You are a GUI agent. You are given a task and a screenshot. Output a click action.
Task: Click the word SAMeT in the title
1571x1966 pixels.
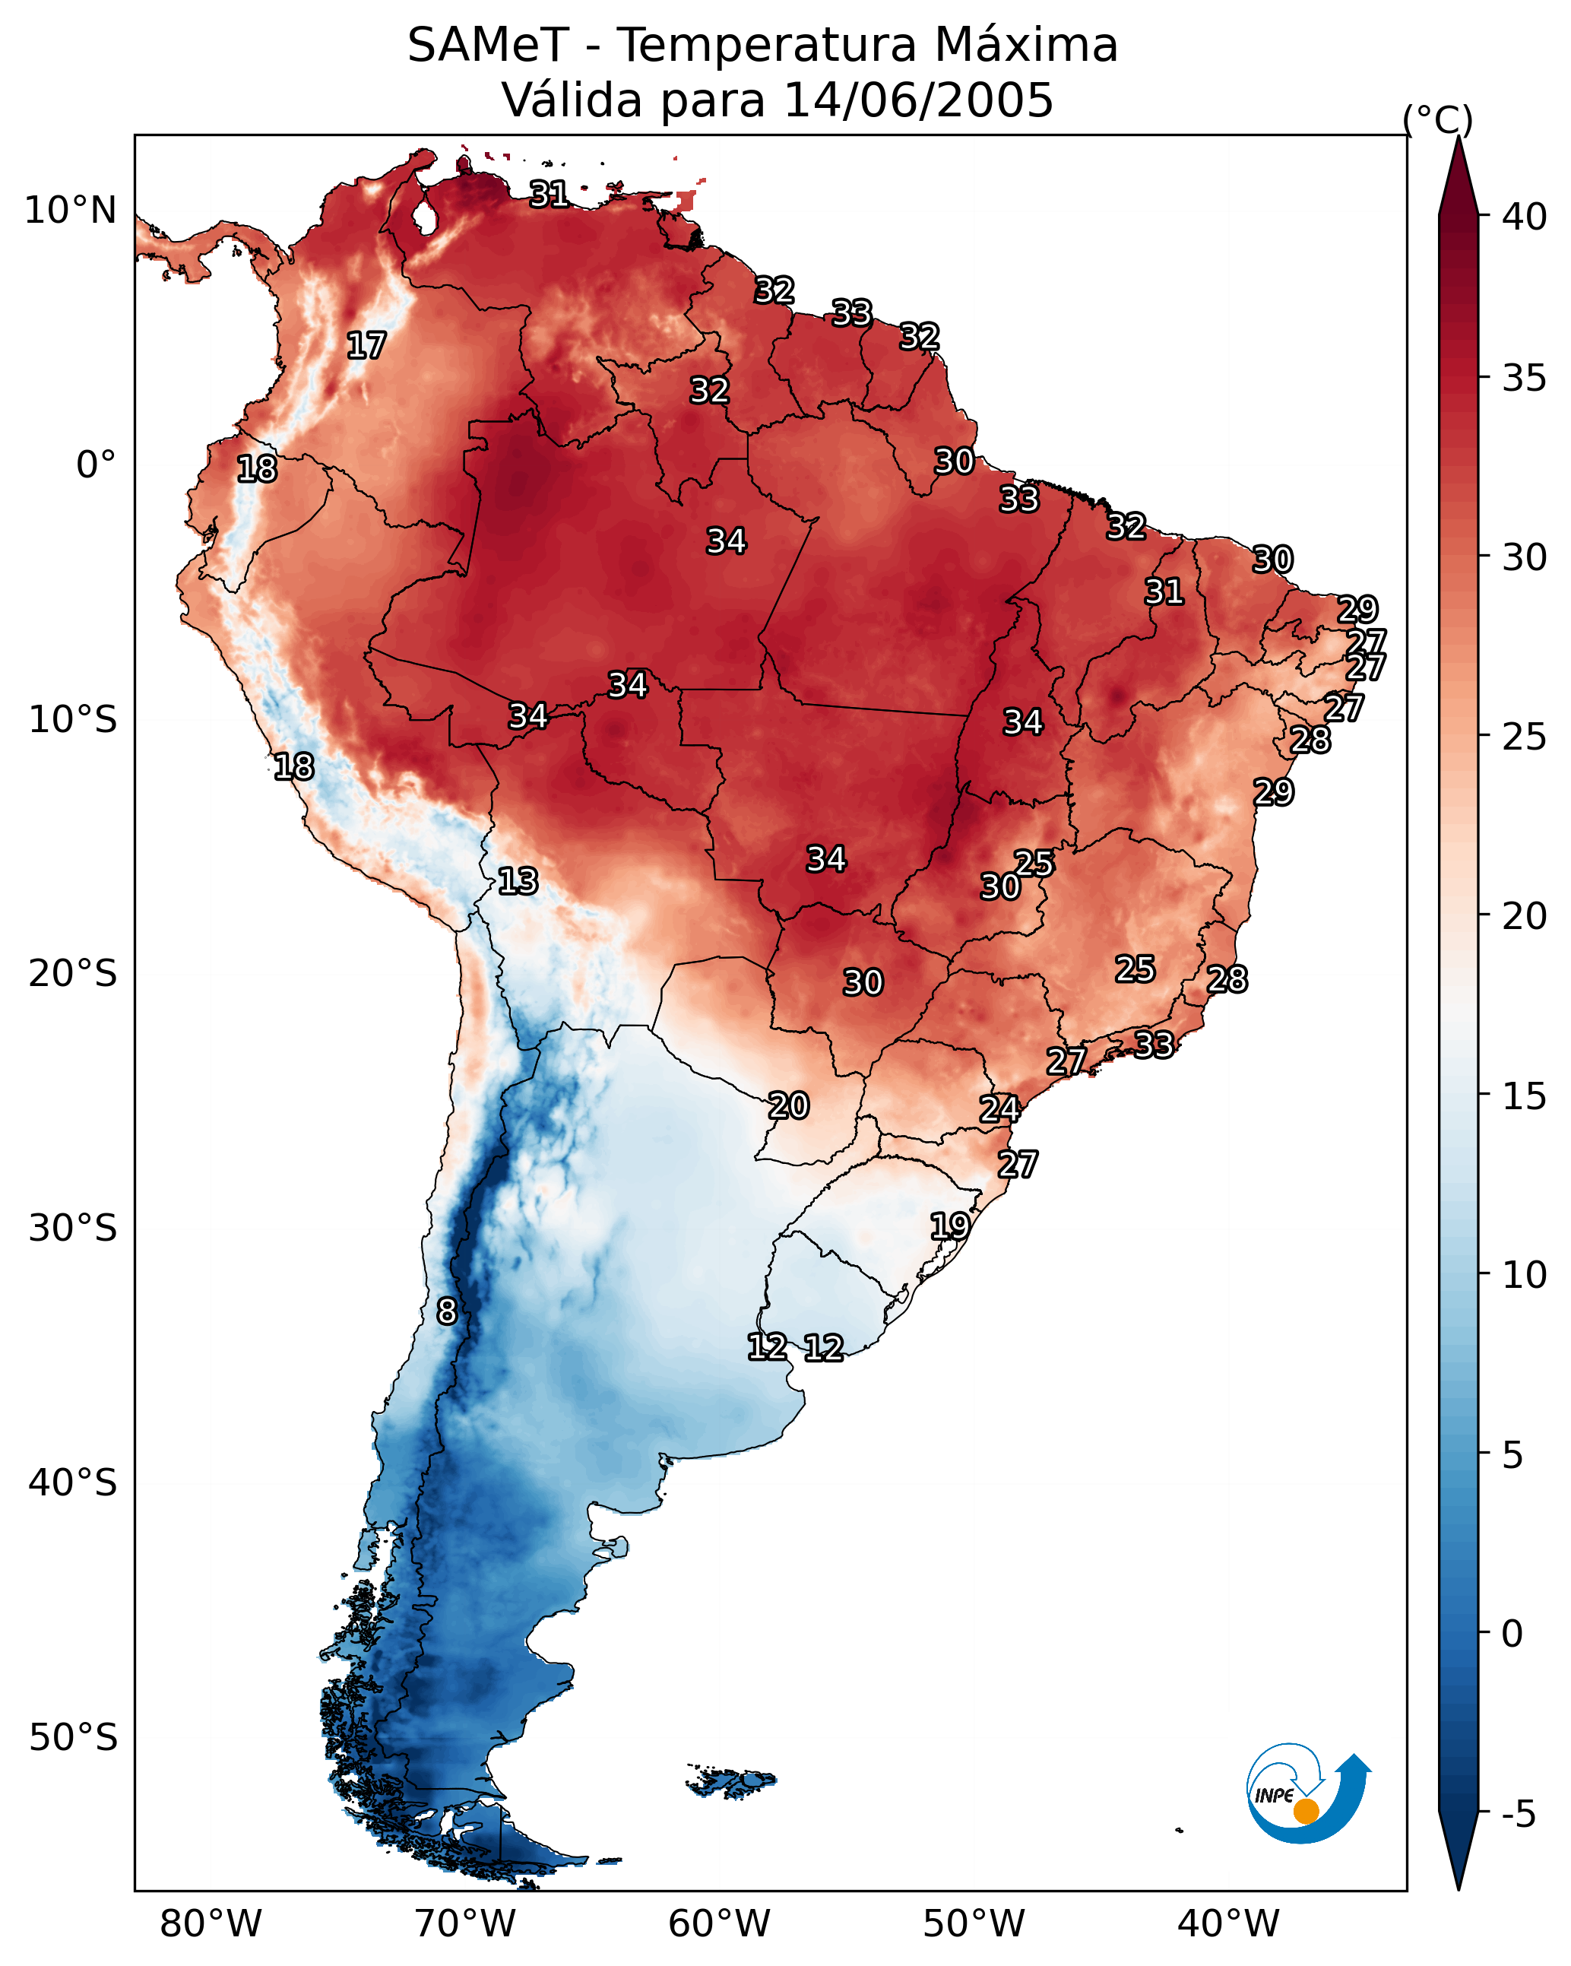coord(488,46)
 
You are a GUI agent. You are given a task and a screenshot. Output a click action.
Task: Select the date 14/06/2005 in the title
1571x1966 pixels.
coord(918,100)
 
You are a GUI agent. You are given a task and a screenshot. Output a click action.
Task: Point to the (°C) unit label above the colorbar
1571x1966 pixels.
coord(1438,119)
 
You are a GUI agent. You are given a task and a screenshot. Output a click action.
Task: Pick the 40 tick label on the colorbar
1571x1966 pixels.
coord(1525,217)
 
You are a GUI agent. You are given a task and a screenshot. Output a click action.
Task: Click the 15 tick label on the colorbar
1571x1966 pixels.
coord(1525,1096)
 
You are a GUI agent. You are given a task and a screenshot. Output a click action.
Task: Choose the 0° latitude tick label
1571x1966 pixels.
coord(97,465)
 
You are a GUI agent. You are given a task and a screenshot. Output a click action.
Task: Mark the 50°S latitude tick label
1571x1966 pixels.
coord(73,1738)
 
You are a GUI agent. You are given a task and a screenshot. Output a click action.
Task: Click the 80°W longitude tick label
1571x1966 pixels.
coord(211,1923)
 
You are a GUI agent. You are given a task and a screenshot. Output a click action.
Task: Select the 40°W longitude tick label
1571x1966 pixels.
coord(1228,1923)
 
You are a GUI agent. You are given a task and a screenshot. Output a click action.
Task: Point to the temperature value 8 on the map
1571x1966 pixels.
coord(447,1311)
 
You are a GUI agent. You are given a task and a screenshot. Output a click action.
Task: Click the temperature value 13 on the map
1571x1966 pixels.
coord(518,881)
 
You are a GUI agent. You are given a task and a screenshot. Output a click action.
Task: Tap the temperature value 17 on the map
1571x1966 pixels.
coord(366,346)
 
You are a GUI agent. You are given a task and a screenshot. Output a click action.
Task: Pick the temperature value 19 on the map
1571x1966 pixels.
coord(950,1226)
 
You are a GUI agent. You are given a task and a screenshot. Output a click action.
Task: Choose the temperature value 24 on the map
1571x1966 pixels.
coord(999,1109)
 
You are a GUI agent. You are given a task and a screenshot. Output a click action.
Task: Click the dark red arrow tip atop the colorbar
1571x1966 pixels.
coord(1458,173)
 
